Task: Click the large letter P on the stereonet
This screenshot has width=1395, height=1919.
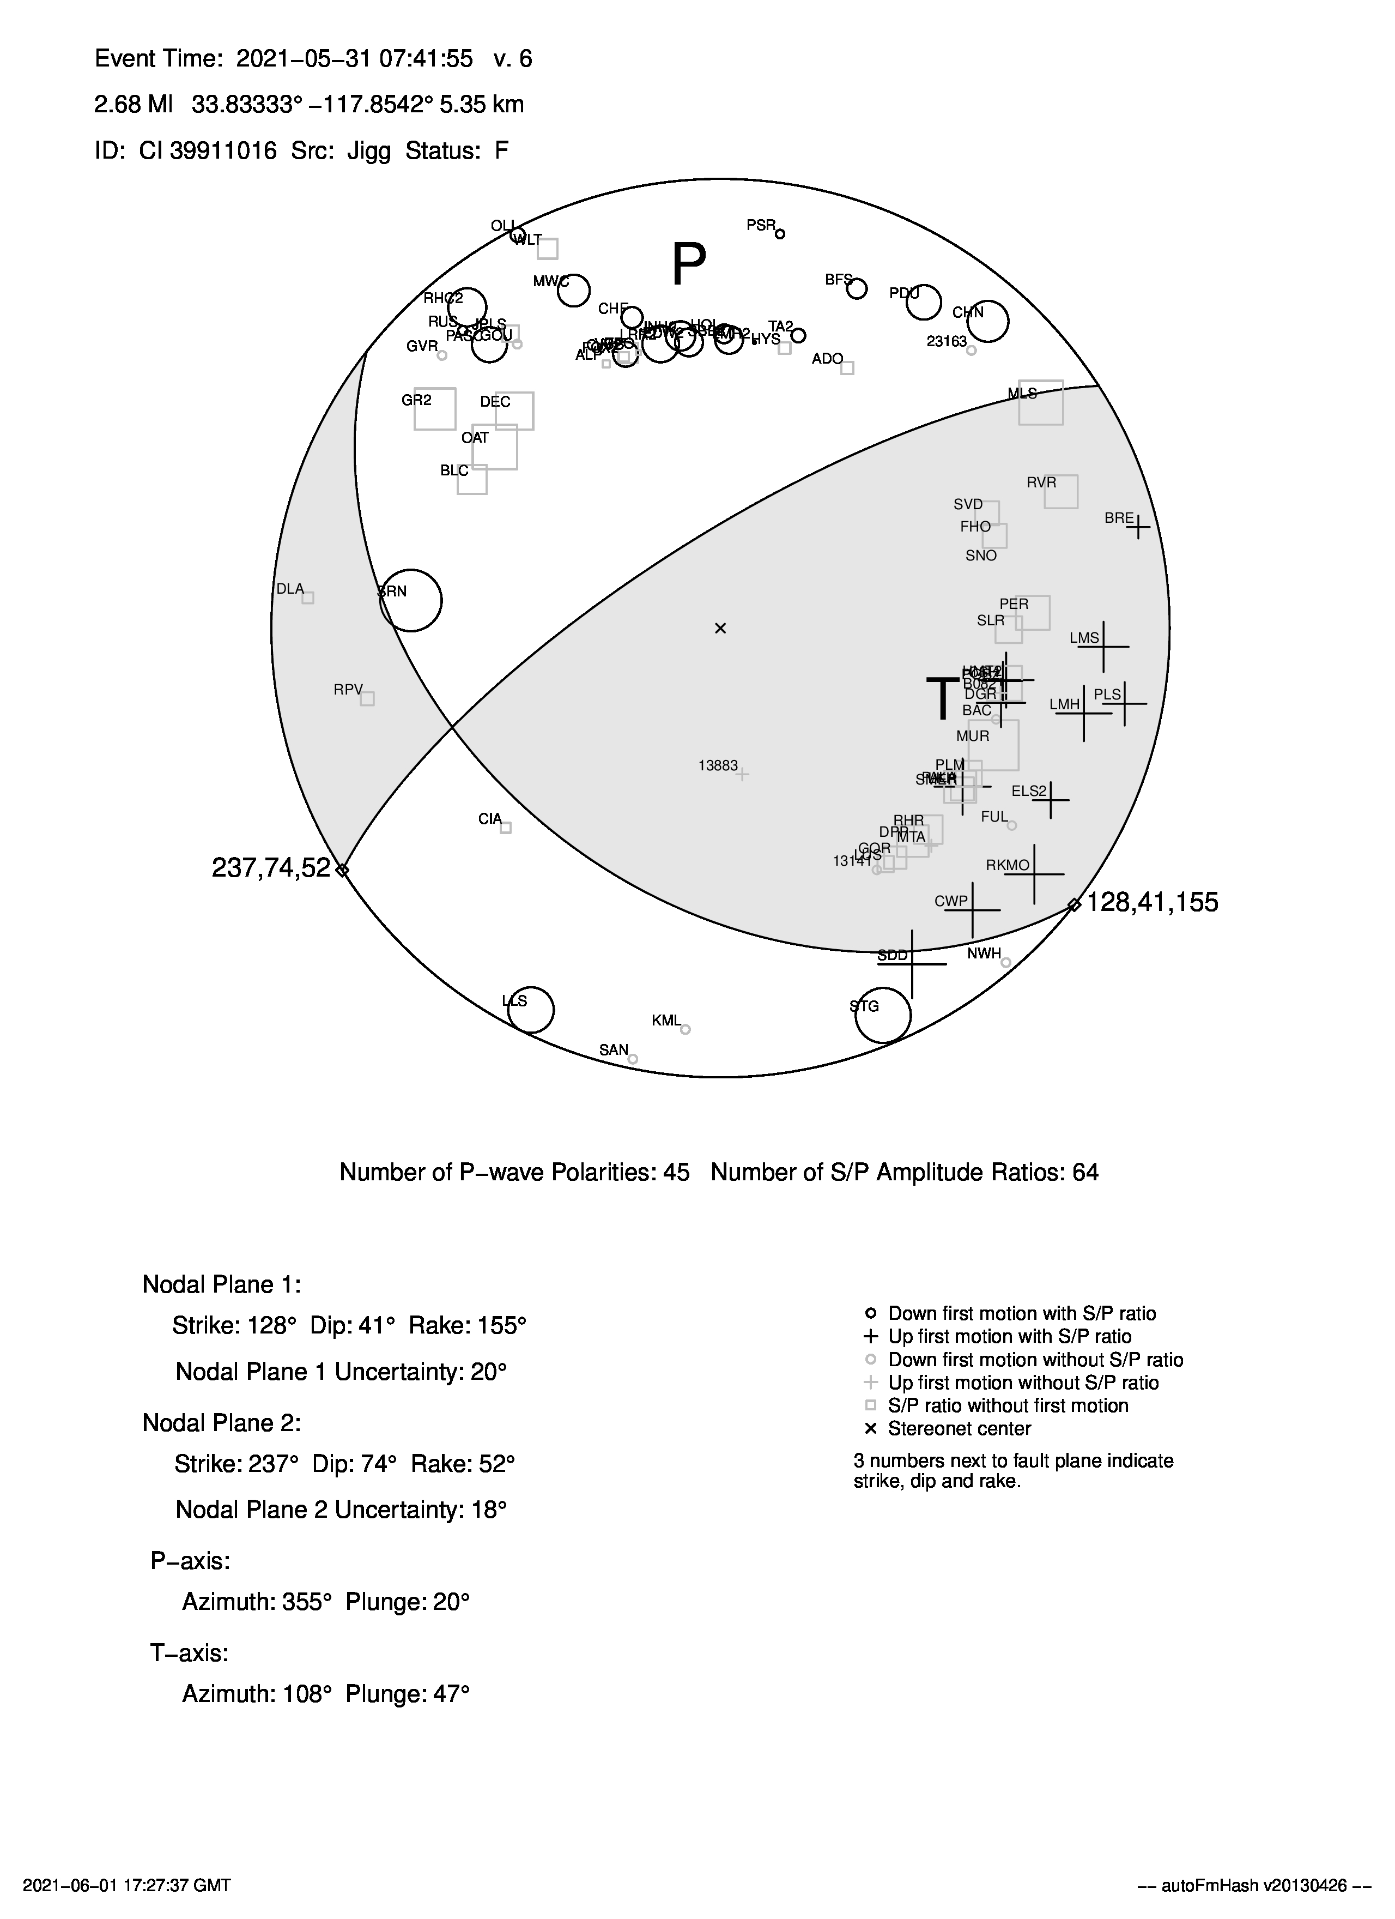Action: point(689,265)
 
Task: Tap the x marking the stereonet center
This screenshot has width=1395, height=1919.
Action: point(721,628)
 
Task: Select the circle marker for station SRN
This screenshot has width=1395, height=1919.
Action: point(411,600)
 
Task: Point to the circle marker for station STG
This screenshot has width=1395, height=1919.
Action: point(883,1015)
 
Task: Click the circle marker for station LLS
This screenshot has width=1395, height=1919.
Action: point(530,1010)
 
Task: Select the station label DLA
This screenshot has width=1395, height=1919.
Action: point(290,589)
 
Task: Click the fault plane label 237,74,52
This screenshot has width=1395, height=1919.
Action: point(271,868)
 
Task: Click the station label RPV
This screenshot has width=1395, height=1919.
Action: point(348,690)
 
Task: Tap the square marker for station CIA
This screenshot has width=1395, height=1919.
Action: point(506,828)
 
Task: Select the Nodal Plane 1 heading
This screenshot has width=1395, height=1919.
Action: point(222,1284)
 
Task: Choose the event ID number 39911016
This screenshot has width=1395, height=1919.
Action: point(223,150)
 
